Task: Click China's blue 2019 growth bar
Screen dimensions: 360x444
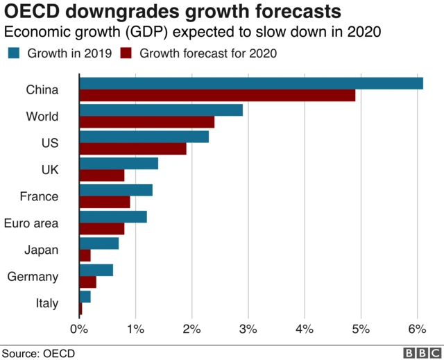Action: (251, 83)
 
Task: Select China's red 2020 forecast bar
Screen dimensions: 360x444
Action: (217, 96)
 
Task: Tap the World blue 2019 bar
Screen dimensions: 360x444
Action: (161, 110)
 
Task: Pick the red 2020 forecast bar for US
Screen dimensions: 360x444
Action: (133, 148)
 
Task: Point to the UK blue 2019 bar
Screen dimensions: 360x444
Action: (119, 163)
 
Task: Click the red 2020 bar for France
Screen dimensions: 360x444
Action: (105, 202)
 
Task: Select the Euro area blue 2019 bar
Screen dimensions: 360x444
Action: (113, 216)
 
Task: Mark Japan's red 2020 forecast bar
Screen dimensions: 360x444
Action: (85, 255)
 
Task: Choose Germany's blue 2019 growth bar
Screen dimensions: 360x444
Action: (96, 270)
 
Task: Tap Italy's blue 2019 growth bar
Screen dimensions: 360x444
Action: (85, 296)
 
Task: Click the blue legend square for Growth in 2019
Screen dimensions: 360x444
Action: (13, 53)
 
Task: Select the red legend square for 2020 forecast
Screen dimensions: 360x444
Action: (126, 53)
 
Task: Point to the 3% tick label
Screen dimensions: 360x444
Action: (248, 327)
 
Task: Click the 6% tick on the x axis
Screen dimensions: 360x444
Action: (418, 327)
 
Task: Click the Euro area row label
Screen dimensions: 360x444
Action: (31, 223)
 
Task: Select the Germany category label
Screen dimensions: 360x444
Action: (33, 277)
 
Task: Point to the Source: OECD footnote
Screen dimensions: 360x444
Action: (37, 353)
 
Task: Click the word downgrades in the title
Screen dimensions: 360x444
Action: (132, 12)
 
